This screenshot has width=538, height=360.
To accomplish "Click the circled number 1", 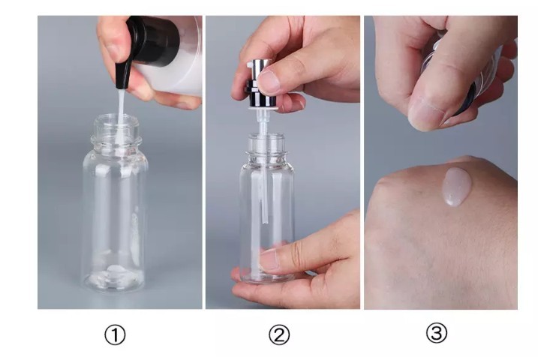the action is pos(115,335).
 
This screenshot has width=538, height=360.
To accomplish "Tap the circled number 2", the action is pos(279,335).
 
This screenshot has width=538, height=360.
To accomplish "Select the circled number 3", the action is pos(437,332).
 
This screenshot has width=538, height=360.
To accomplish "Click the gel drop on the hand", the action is pos(457,187).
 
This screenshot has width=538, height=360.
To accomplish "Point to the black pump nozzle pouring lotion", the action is pos(122,75).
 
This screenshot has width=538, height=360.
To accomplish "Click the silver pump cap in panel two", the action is pos(261,82).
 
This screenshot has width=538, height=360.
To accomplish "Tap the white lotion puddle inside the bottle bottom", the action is pos(114,274).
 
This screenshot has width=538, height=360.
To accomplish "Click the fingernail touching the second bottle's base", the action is pos(269,259).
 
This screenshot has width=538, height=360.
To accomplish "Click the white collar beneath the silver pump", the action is pos(263,108).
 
